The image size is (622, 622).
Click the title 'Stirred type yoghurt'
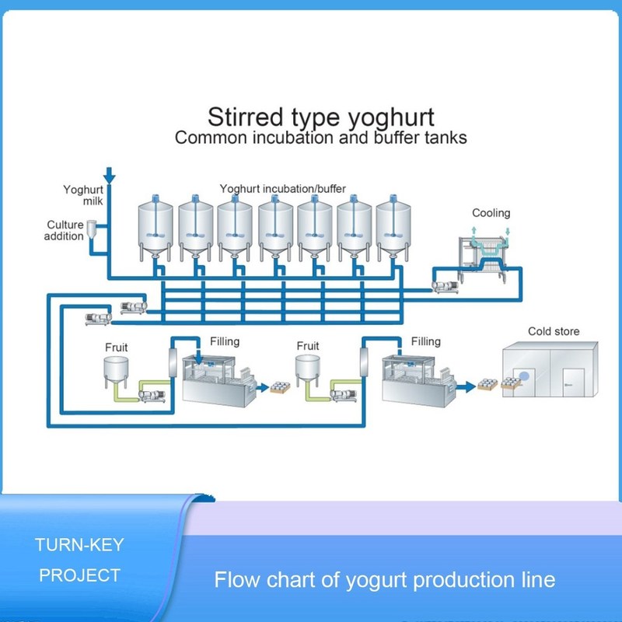(320, 117)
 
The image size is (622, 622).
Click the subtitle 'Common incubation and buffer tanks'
(320, 138)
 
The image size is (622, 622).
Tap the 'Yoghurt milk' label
(78, 194)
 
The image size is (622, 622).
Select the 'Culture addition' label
(65, 230)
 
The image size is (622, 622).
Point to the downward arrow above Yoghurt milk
(109, 173)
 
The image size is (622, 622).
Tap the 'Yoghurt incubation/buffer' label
(282, 188)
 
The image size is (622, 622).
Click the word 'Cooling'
(491, 213)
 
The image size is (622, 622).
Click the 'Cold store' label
(554, 331)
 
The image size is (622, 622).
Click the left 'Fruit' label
(117, 347)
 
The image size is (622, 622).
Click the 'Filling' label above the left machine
(225, 341)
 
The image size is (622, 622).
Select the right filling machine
(416, 377)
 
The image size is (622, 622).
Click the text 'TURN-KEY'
(79, 545)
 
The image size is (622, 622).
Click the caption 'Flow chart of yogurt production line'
(385, 580)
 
